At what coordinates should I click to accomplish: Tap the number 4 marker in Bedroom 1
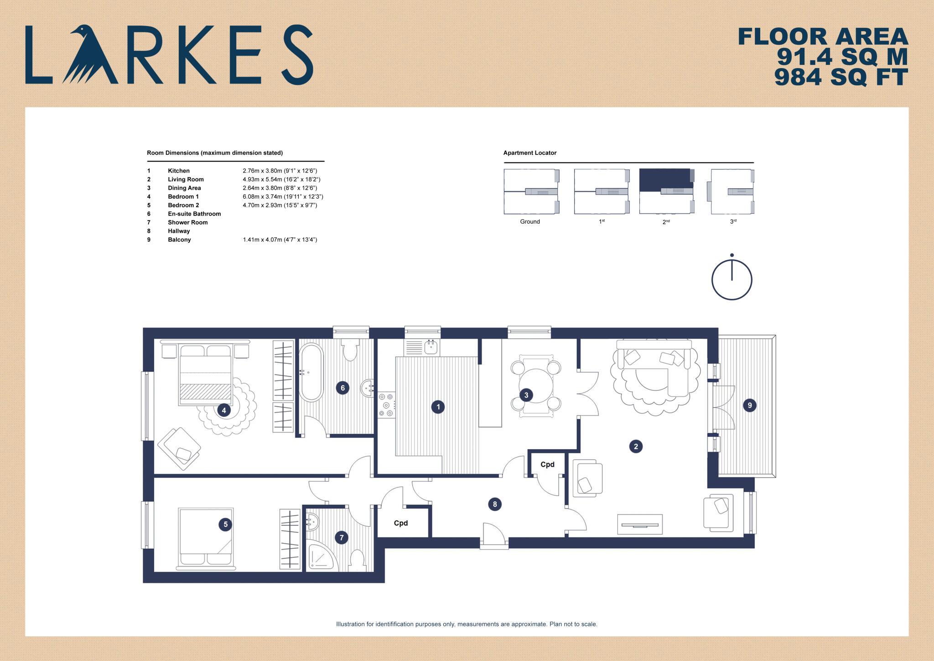point(223,410)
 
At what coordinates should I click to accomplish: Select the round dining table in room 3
point(536,386)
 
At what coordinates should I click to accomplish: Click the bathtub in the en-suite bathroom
point(311,372)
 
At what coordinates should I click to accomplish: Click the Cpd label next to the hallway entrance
point(401,523)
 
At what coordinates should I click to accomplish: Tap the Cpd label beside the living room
point(547,464)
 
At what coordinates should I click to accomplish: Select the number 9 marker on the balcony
point(749,405)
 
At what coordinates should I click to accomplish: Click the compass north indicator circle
point(732,279)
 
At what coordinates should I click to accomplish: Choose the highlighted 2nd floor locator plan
point(666,191)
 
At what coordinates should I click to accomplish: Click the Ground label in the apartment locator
point(529,221)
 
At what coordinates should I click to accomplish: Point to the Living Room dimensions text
point(281,179)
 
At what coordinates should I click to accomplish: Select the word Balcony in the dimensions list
point(179,240)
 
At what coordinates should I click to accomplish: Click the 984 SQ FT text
point(841,77)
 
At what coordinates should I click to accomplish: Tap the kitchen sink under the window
point(431,347)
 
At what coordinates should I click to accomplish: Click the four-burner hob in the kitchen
point(386,405)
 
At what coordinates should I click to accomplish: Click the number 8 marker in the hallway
point(494,504)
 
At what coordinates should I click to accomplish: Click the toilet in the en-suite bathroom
point(350,350)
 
